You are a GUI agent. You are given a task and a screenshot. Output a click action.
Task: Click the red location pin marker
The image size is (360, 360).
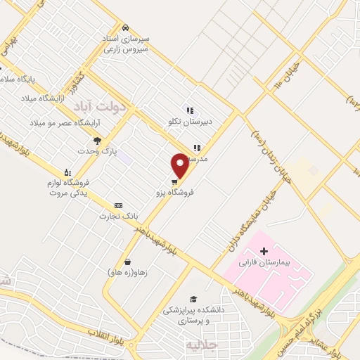pos(181,166)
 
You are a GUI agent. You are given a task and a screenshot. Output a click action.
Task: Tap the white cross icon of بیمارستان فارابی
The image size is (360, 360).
pos(264,252)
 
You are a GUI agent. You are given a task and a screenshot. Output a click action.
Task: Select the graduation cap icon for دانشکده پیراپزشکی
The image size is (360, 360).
pos(193,299)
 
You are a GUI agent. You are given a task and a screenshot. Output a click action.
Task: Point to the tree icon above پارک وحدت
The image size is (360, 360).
pos(97,141)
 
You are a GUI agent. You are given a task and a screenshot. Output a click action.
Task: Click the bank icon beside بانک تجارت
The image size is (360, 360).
pos(117,205)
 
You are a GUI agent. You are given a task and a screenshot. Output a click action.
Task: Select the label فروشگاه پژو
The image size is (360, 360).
pos(175,191)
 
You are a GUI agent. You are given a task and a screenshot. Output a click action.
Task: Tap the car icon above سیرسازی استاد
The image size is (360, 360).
pos(125,27)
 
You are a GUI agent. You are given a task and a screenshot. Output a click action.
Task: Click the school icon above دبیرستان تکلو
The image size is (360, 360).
pos(189,110)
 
